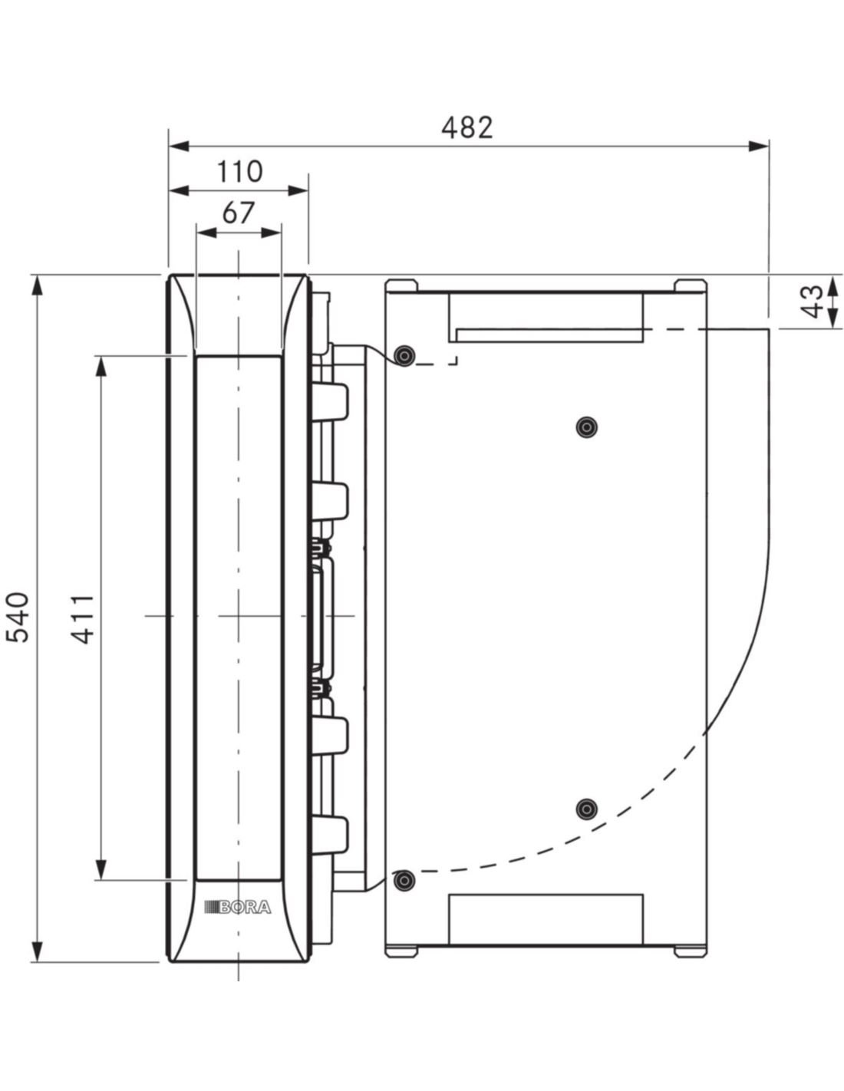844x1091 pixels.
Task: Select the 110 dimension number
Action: click(x=239, y=172)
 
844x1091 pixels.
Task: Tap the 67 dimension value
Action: click(x=239, y=213)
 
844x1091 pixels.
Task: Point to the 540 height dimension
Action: click(x=18, y=618)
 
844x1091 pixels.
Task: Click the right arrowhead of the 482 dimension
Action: click(x=758, y=146)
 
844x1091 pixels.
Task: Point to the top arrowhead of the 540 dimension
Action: click(x=37, y=286)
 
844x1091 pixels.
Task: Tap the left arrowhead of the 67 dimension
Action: click(x=206, y=232)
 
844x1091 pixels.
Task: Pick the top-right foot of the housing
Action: click(x=690, y=285)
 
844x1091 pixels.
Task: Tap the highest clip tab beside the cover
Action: click(x=331, y=400)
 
